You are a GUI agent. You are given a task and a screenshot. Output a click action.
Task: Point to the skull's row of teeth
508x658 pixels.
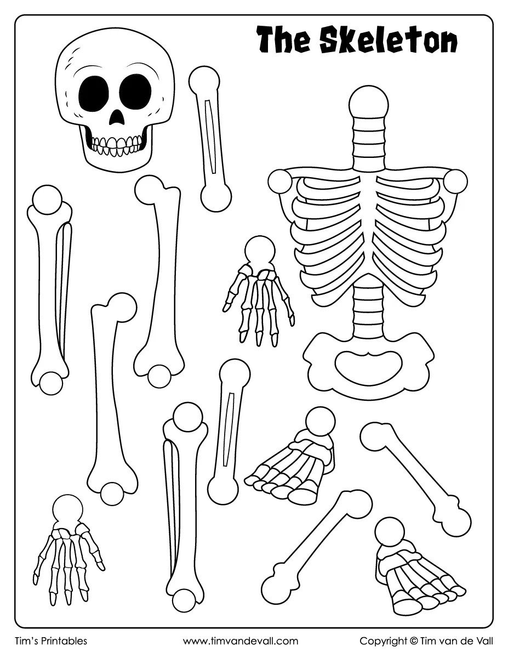(116, 144)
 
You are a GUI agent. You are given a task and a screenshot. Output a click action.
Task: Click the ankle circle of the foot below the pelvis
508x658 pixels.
(319, 421)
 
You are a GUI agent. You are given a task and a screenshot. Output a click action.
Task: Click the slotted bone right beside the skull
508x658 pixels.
(209, 139)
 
